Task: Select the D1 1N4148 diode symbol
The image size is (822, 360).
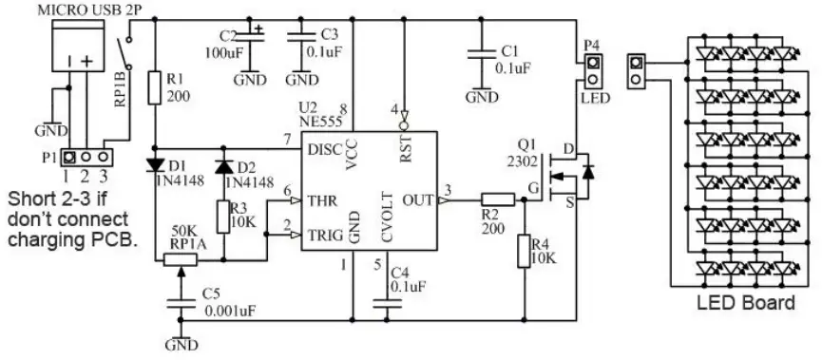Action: (156, 166)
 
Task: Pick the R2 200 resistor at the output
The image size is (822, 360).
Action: (497, 199)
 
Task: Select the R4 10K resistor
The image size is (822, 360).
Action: (523, 252)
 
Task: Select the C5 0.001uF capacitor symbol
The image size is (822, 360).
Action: (177, 302)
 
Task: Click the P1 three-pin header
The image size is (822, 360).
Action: (86, 156)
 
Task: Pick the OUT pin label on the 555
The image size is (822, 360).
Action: (419, 200)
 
